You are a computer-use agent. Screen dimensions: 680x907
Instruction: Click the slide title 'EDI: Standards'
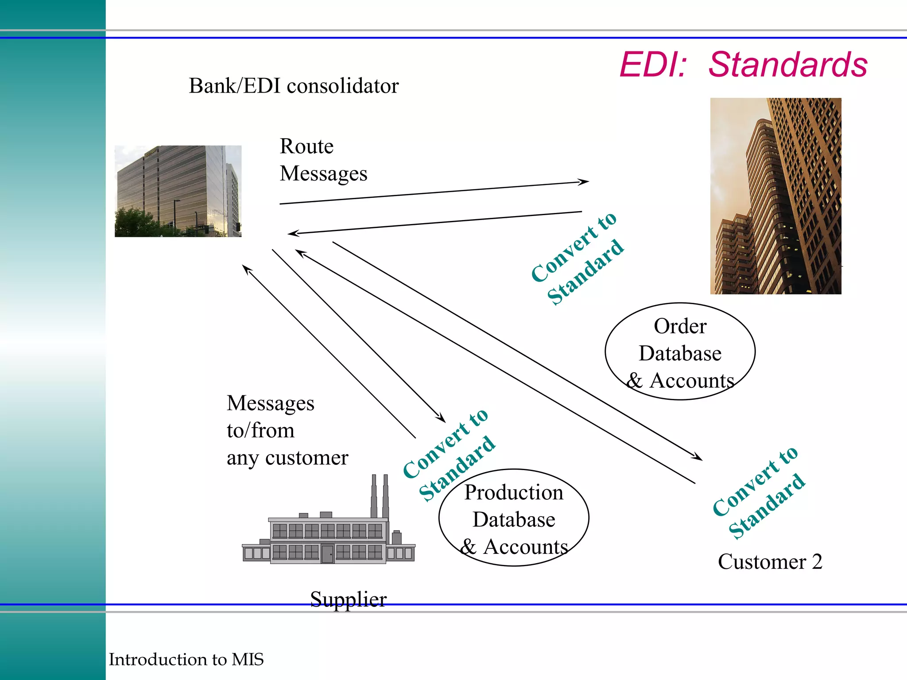click(x=743, y=65)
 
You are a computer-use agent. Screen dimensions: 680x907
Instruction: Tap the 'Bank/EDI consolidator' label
click(x=294, y=86)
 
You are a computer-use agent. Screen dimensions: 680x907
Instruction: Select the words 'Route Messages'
click(x=323, y=160)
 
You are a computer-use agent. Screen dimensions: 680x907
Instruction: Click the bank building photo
click(x=178, y=191)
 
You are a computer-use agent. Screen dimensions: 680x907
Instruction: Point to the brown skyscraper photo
click(x=775, y=196)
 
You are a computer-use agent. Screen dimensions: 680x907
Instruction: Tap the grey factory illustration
click(x=328, y=531)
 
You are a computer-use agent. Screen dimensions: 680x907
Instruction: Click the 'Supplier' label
click(x=348, y=599)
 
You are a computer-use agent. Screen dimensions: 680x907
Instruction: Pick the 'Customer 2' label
click(x=770, y=562)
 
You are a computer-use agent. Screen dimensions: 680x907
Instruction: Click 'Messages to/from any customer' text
click(x=287, y=430)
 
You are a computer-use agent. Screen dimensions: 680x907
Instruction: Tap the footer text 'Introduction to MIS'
click(x=186, y=659)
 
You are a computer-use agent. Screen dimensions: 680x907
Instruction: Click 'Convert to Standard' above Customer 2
click(x=759, y=492)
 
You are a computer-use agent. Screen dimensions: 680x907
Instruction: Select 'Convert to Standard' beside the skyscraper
click(x=578, y=259)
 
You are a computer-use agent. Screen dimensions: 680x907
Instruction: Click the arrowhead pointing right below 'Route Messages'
click(x=584, y=182)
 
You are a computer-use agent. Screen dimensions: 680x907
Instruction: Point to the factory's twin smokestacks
click(x=380, y=496)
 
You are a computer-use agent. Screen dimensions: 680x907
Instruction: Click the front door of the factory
click(x=327, y=554)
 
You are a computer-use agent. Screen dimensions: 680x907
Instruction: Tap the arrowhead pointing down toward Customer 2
click(x=697, y=457)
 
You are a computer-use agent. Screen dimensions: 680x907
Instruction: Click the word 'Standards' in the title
click(x=788, y=65)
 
